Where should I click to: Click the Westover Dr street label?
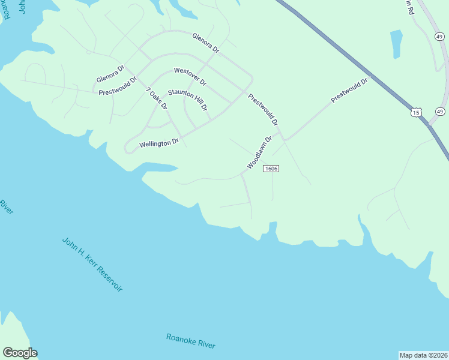tap(190, 76)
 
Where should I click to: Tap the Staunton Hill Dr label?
tap(188, 100)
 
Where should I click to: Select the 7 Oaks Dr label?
tap(157, 98)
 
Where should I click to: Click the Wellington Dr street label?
tap(159, 143)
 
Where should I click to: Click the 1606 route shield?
tap(271, 169)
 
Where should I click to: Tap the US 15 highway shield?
tap(417, 112)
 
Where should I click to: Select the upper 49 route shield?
tap(439, 37)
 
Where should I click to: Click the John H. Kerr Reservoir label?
tap(92, 265)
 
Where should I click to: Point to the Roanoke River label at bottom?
tap(190, 341)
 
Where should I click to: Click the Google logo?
tap(20, 353)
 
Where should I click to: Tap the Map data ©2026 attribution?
tap(423, 355)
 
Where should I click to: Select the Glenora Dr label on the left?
tap(110, 74)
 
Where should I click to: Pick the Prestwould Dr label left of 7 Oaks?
tap(118, 86)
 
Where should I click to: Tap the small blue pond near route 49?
tap(396, 44)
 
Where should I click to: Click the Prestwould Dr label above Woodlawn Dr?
tap(264, 109)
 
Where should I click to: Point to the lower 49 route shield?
tap(440, 112)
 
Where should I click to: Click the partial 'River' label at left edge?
tap(6, 208)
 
